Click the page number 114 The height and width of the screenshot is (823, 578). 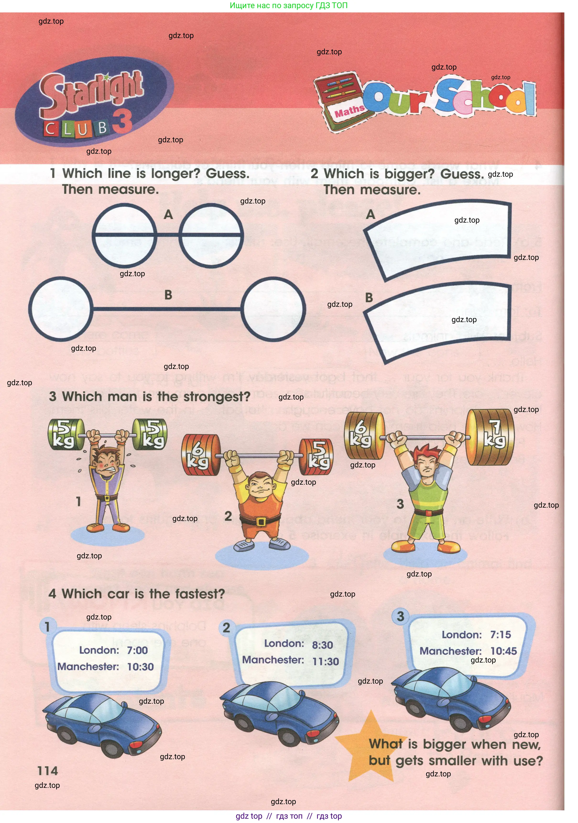[47, 771]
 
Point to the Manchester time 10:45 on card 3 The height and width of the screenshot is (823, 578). [503, 651]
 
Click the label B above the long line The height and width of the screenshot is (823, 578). [168, 295]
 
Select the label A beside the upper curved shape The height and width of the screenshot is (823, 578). [371, 214]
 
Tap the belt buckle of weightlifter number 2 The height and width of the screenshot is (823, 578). [261, 521]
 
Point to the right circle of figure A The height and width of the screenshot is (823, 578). [211, 236]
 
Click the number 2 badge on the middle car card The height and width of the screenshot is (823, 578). [226, 628]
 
